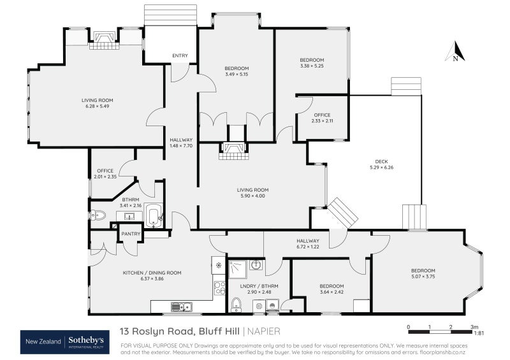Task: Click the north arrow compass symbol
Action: coord(455,52)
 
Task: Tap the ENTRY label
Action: coord(180,55)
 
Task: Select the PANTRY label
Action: coord(131,234)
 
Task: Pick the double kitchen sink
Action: coord(181,307)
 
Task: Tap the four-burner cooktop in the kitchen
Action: coord(219,287)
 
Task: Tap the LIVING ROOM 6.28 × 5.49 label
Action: coord(97,103)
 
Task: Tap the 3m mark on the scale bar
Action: coord(473,327)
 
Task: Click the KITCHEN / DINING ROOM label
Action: coord(152,276)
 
